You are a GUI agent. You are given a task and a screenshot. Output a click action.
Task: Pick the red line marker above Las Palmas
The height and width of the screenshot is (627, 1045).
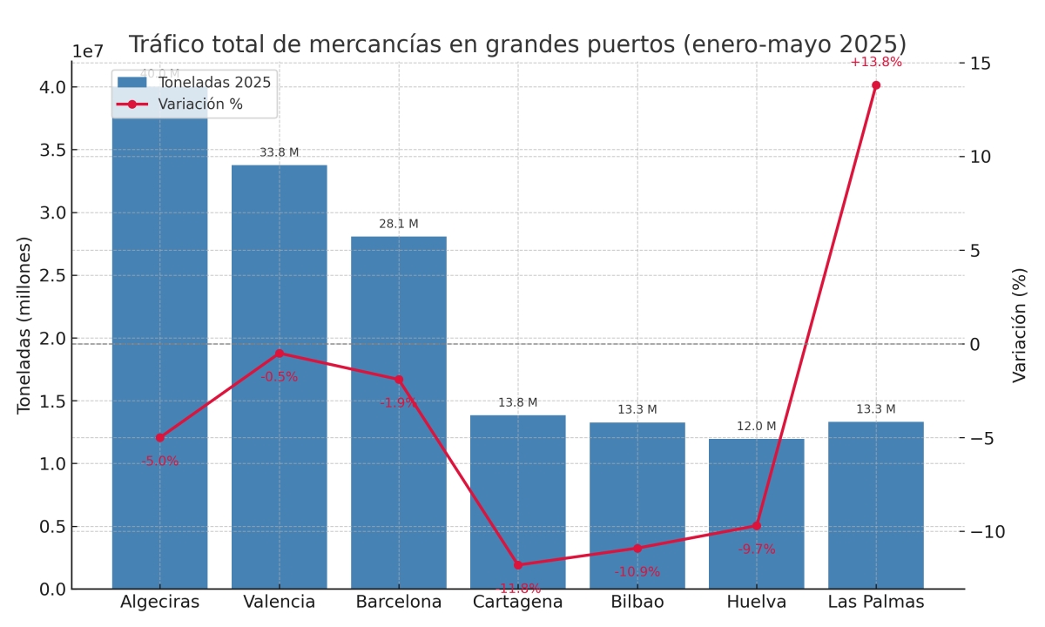coord(876,85)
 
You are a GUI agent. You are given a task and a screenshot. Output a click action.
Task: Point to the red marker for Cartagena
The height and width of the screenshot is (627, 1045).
coord(518,565)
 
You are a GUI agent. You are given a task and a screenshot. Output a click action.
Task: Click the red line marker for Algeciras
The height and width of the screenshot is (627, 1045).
coord(159,437)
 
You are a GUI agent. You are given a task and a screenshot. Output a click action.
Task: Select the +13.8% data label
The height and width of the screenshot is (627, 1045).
coord(876,62)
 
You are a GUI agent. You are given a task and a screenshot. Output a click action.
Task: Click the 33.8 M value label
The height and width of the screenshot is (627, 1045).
coord(279,152)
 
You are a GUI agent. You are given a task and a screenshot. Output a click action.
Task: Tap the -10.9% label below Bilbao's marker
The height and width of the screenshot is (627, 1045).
coord(637,572)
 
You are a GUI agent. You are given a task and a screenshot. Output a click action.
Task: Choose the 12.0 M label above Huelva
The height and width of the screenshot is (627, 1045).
coord(756,426)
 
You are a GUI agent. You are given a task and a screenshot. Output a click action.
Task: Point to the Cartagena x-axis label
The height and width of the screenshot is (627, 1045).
coord(518,602)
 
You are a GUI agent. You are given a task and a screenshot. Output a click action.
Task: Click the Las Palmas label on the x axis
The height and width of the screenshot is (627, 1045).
coord(876,602)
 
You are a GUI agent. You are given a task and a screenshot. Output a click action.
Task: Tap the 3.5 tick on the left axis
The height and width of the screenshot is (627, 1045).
coord(52,150)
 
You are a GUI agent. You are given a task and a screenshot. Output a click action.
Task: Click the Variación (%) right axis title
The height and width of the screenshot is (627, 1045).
coord(1020,325)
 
